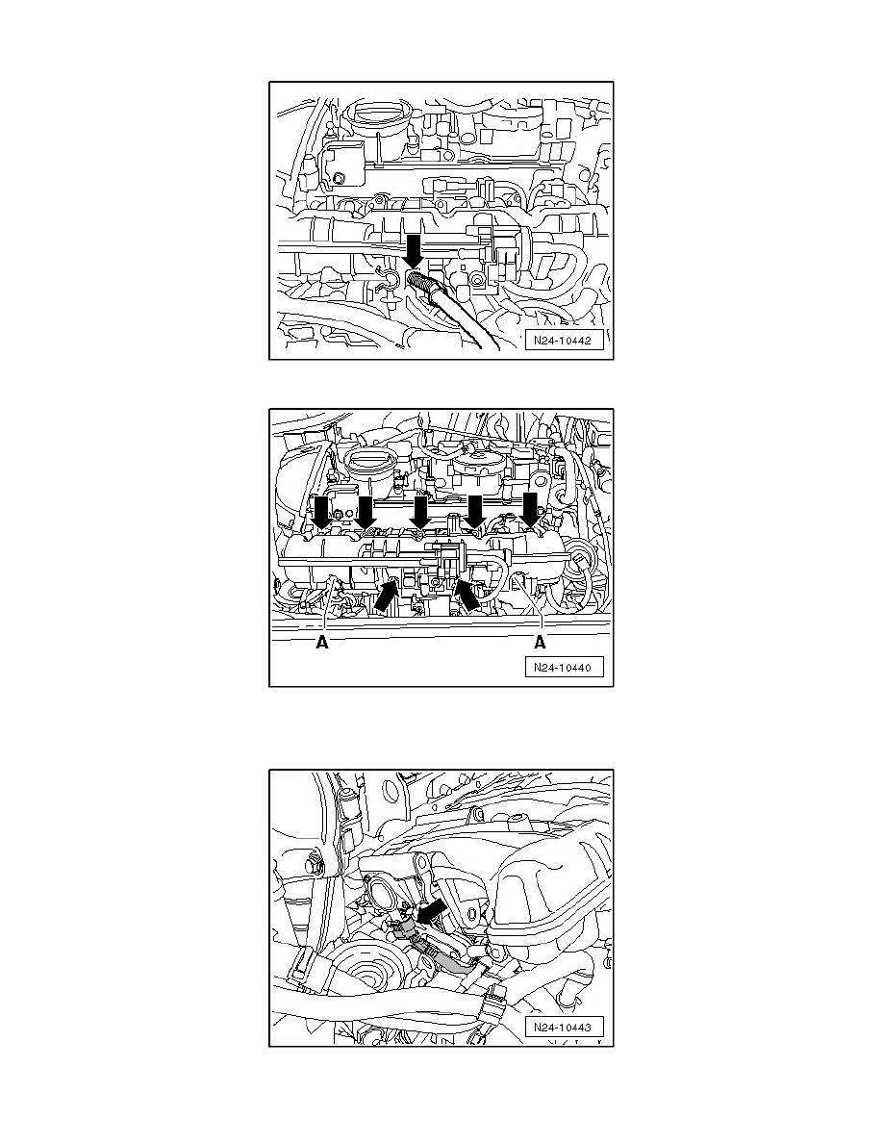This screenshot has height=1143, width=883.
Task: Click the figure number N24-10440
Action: coord(565,669)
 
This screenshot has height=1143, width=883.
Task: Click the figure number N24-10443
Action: coord(565,1029)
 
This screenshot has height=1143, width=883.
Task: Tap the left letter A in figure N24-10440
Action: coord(322,644)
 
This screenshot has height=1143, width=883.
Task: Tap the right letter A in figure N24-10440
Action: coord(542,644)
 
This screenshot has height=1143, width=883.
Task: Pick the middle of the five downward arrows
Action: coord(419,510)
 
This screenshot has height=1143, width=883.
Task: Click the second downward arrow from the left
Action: coord(365,512)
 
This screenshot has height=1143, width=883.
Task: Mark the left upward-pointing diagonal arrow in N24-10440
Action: coord(386,595)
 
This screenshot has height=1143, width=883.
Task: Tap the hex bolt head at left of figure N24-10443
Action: coord(313,863)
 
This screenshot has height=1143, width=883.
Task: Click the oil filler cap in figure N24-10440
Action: coord(366,463)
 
